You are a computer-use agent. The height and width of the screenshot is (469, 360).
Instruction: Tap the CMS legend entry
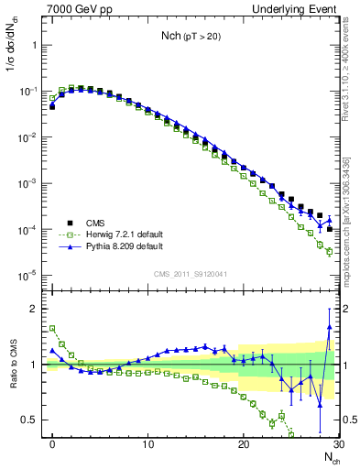[95, 223]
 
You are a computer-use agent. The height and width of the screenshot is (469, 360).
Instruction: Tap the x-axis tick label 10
[148, 444]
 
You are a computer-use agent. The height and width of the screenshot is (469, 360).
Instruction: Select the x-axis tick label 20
[244, 444]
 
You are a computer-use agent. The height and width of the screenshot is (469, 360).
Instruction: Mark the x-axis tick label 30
[338, 444]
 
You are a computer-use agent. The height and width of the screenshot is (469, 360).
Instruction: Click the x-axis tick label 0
[53, 444]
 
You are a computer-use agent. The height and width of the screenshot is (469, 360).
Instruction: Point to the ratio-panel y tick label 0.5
[32, 420]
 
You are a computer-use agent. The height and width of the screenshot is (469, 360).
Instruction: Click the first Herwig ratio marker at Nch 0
[53, 328]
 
